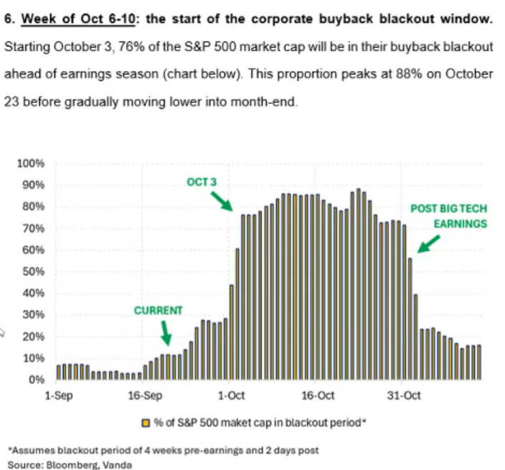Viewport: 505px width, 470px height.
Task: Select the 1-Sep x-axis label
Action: [58, 395]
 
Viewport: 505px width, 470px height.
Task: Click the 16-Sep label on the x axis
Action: [144, 395]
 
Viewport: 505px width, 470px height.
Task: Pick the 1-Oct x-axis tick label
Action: [232, 395]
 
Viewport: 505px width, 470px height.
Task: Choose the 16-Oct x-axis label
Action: [318, 395]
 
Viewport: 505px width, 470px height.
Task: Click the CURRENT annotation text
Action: [159, 311]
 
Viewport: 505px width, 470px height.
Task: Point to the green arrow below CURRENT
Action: [166, 332]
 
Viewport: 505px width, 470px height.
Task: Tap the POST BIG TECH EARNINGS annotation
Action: [448, 216]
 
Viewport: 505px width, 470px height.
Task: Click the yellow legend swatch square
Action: [147, 423]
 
